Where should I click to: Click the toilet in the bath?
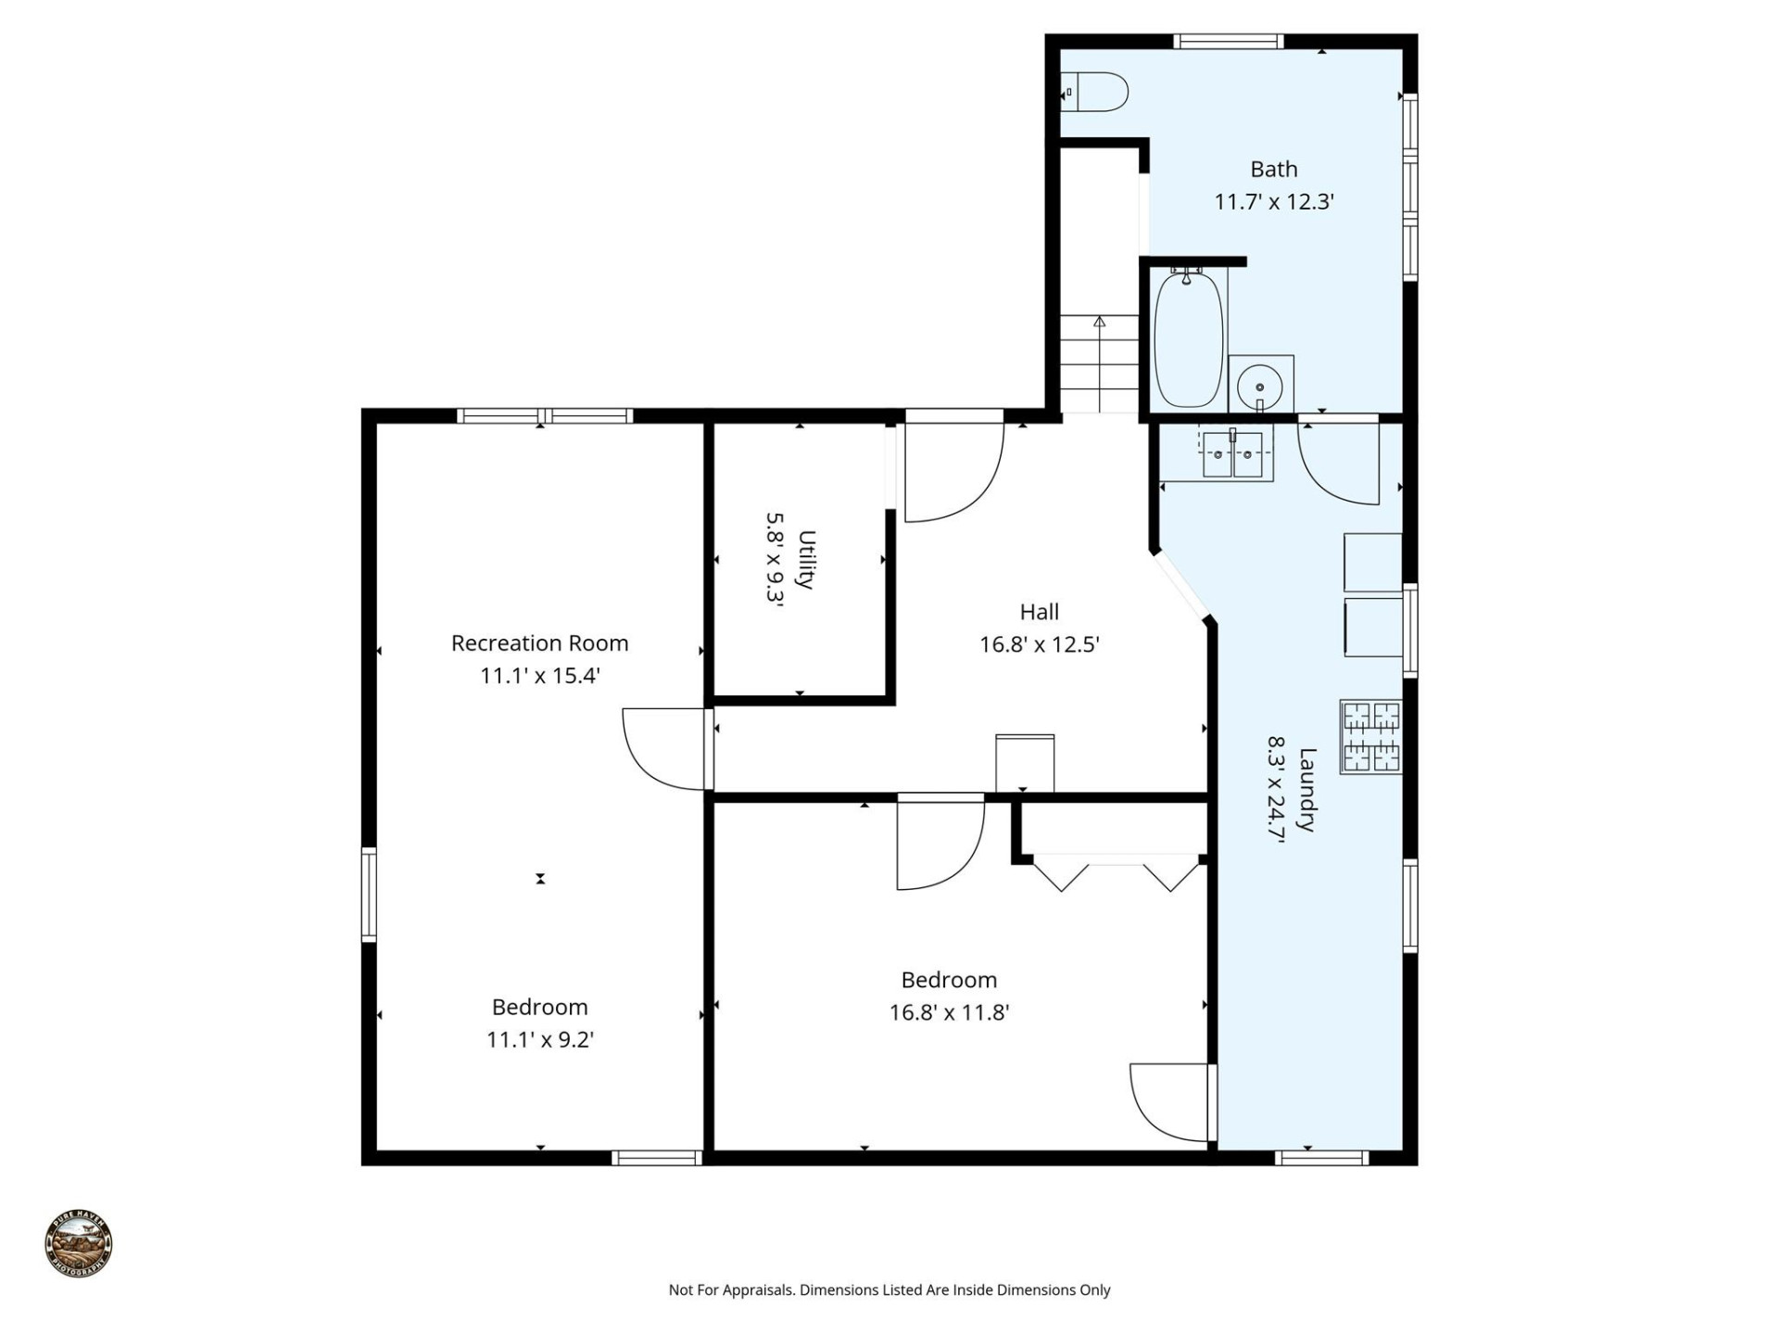click(x=1098, y=93)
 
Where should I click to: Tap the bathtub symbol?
click(x=1189, y=339)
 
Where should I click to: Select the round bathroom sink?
click(x=1260, y=383)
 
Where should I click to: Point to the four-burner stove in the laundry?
click(x=1371, y=737)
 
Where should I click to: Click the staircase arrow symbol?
click(x=1100, y=324)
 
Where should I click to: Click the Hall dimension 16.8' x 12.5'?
click(x=1040, y=644)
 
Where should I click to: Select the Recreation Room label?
click(x=539, y=642)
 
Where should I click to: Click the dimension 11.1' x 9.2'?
click(x=540, y=1040)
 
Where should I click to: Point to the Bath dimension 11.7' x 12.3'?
click(x=1274, y=201)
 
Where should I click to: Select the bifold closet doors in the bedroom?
click(x=1117, y=874)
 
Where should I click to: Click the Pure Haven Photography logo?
click(x=79, y=1243)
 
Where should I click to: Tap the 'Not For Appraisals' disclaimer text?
click(x=889, y=1290)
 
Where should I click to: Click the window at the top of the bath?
click(x=1229, y=42)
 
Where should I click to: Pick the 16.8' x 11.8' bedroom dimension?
click(x=949, y=1012)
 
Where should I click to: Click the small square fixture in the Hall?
click(x=1025, y=763)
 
